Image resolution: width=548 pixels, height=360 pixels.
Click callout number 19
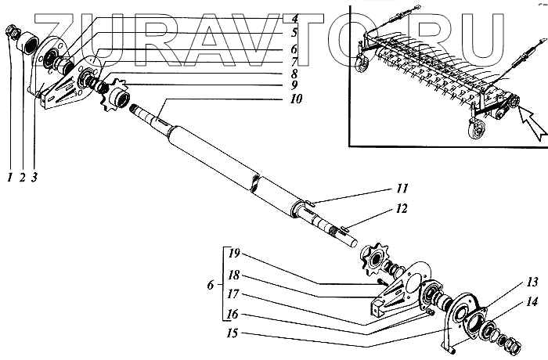pos(233,252)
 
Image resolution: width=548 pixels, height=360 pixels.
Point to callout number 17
pos(233,293)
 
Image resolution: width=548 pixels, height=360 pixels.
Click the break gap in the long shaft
pos(254,182)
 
